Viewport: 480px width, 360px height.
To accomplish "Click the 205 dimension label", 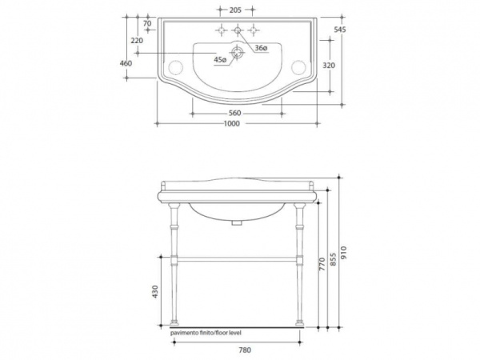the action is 235,10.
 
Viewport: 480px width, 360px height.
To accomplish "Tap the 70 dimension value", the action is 147,23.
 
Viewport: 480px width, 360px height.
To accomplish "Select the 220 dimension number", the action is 137,41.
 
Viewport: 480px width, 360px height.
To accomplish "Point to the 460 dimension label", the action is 126,63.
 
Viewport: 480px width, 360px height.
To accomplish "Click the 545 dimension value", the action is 340,30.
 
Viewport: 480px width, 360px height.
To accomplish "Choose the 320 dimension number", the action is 329,66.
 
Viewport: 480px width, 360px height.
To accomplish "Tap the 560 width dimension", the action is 235,114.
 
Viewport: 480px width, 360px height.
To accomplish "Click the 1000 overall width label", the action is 232,124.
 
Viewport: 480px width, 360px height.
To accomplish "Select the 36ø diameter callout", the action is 261,48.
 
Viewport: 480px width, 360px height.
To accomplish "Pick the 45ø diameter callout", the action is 220,60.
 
